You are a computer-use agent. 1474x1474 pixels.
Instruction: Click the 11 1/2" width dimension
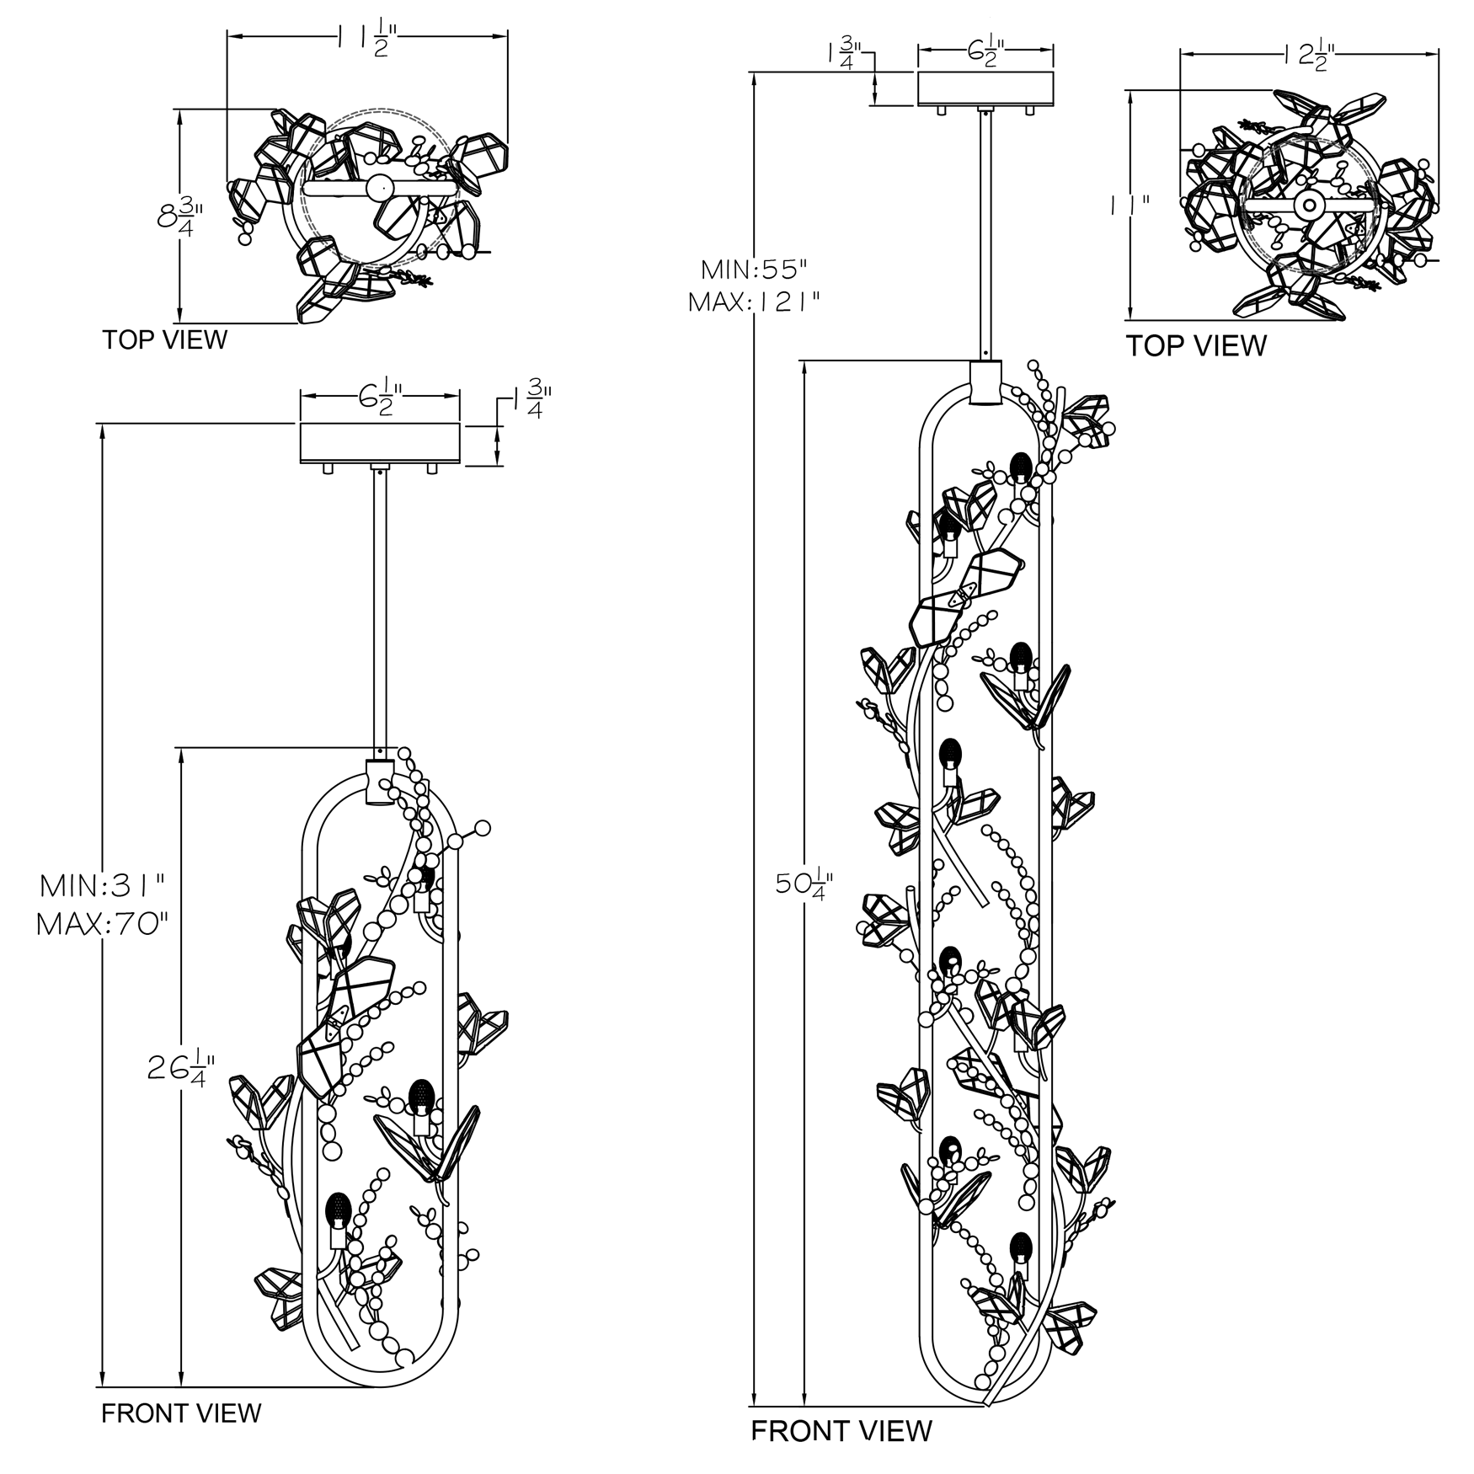pyautogui.click(x=367, y=40)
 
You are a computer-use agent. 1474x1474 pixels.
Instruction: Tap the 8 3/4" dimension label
pyautogui.click(x=179, y=216)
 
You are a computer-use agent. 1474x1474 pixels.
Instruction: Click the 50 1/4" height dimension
pyautogui.click(x=804, y=884)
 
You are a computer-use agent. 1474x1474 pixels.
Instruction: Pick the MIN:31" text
pyautogui.click(x=102, y=885)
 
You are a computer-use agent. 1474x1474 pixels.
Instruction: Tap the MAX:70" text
pyautogui.click(x=102, y=925)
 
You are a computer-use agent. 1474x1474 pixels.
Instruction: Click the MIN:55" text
pyautogui.click(x=754, y=270)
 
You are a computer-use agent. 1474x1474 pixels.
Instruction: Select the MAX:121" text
pyautogui.click(x=755, y=302)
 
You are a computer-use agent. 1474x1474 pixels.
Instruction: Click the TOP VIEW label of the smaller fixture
pyautogui.click(x=165, y=340)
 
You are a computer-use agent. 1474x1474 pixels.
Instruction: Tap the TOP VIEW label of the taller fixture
pyautogui.click(x=1196, y=345)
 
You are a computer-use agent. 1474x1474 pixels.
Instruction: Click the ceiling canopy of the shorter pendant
pyautogui.click(x=381, y=443)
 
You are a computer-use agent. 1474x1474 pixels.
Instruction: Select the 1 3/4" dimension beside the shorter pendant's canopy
pyautogui.click(x=532, y=398)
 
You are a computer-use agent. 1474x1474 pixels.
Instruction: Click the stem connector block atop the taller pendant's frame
pyautogui.click(x=985, y=382)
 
